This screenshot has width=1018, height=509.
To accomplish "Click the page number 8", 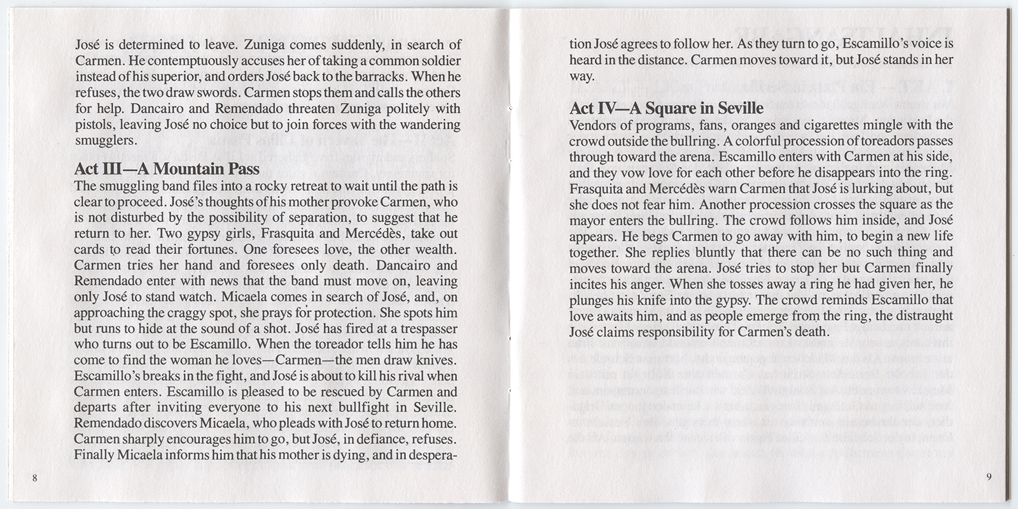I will click(34, 479).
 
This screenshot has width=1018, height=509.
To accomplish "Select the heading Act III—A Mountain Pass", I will click(167, 169).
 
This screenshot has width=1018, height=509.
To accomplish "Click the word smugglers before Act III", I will click(102, 141).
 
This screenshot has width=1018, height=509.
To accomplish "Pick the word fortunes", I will click(230, 249).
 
